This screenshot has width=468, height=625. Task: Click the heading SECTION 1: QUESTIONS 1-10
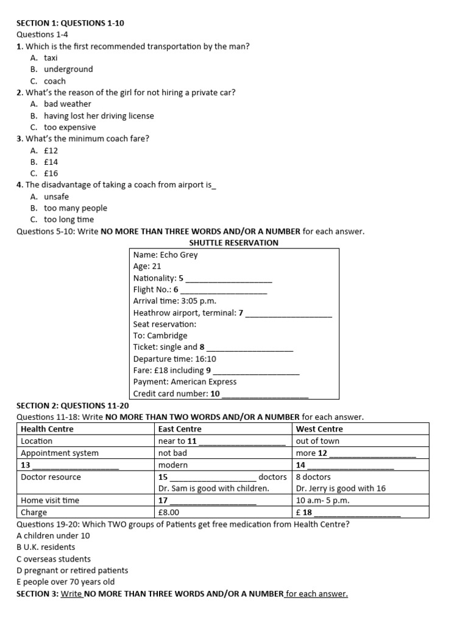click(x=71, y=23)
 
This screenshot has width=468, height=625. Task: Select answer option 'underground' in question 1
click(x=68, y=70)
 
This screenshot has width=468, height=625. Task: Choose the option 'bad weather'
click(x=67, y=104)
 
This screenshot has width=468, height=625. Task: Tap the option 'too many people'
click(x=75, y=208)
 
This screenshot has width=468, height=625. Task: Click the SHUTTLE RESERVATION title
click(x=233, y=243)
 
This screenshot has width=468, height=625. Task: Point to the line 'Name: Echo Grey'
click(x=165, y=255)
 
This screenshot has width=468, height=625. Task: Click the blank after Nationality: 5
click(x=229, y=278)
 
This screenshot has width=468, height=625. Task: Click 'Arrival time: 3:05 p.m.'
click(x=174, y=302)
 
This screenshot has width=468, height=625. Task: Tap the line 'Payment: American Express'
click(x=185, y=382)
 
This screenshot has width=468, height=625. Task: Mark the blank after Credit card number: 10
click(x=266, y=394)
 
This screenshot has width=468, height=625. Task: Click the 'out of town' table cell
click(x=317, y=441)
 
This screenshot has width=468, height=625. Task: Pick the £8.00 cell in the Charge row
click(x=169, y=513)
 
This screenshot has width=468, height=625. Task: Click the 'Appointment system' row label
click(x=60, y=453)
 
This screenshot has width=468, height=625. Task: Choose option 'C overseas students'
click(x=54, y=559)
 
